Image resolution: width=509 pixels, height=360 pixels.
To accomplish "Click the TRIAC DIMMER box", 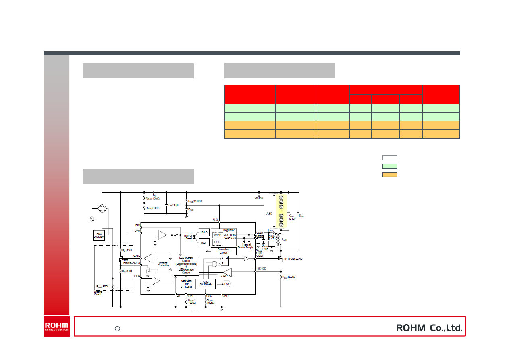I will coord(99,235).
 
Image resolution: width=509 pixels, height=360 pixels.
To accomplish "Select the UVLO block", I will coord(204,233).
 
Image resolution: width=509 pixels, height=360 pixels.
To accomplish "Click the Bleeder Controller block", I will coord(163,264).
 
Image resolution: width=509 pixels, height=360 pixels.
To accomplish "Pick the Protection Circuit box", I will coord(224,251).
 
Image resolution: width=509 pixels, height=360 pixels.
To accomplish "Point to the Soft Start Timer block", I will coord(186,284).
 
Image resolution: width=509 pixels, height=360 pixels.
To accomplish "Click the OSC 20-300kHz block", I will coord(206,284).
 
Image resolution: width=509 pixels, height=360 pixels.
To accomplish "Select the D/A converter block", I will coord(226,284).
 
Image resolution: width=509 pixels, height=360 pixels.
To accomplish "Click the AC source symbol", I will coord(92,219).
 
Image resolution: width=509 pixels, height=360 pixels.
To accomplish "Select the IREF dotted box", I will coord(218,242).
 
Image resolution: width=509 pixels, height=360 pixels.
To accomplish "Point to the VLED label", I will coord(268,214).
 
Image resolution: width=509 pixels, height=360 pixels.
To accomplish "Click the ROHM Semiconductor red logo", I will coord(56,327).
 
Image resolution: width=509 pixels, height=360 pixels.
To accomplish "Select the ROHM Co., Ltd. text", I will coord(429,328).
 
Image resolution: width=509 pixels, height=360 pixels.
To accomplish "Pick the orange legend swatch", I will coord(389,175).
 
